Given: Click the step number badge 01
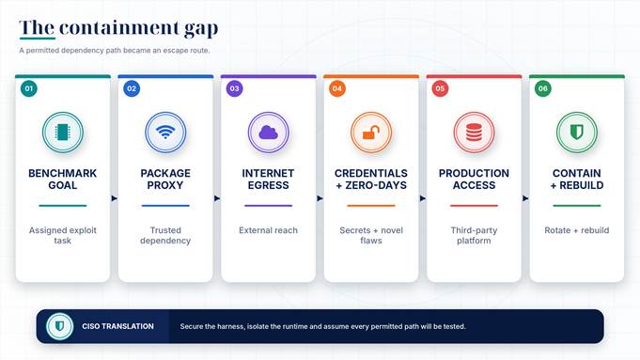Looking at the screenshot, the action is pyautogui.click(x=29, y=88).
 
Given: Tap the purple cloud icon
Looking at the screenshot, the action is pyautogui.click(x=268, y=133).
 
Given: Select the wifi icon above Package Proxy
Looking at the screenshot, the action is pyautogui.click(x=165, y=132).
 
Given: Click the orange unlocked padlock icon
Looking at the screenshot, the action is pyautogui.click(x=371, y=133).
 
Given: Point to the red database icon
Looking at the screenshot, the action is pyautogui.click(x=474, y=133).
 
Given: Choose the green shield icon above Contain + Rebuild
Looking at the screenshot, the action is pyautogui.click(x=577, y=132).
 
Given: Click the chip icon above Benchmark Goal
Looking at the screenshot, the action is pyautogui.click(x=62, y=133).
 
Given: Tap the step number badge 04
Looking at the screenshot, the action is pyautogui.click(x=337, y=88).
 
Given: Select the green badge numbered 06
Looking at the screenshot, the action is pyautogui.click(x=543, y=88).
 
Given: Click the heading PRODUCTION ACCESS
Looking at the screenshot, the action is pyautogui.click(x=474, y=180).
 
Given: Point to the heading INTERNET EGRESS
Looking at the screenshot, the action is pyautogui.click(x=268, y=180).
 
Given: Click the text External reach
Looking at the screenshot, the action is pyautogui.click(x=268, y=230).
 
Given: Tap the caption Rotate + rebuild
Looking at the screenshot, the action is pyautogui.click(x=577, y=230).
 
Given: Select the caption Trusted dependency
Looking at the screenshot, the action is pyautogui.click(x=165, y=236).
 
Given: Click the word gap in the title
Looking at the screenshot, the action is pyautogui.click(x=201, y=28).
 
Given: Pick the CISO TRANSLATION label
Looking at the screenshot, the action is pyautogui.click(x=118, y=326).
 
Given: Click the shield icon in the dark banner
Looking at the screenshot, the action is pyautogui.click(x=59, y=326).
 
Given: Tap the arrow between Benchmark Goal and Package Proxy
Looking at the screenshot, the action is pyautogui.click(x=115, y=198).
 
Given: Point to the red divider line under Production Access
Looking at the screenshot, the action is pyautogui.click(x=474, y=206).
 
